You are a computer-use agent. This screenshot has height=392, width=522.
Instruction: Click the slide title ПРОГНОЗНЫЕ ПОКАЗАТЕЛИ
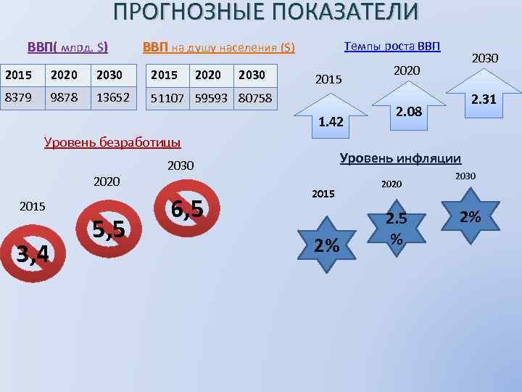click(x=265, y=12)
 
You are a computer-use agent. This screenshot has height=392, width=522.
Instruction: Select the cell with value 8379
click(x=22, y=97)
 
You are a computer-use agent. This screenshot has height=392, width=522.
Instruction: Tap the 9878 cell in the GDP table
click(x=67, y=97)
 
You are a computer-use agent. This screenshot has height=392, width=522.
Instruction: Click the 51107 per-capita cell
click(x=167, y=97)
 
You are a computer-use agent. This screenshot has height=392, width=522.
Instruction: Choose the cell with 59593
click(x=210, y=97)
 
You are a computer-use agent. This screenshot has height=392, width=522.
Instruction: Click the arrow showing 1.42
click(x=331, y=116)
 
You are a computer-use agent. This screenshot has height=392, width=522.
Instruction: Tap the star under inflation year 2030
click(x=470, y=216)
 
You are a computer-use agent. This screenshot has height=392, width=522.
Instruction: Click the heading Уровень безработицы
click(x=112, y=142)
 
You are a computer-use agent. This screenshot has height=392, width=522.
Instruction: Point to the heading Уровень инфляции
click(x=400, y=158)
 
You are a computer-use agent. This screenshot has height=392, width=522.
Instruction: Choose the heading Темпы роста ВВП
click(x=391, y=46)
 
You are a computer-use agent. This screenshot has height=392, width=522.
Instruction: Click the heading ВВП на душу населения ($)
click(x=219, y=48)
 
